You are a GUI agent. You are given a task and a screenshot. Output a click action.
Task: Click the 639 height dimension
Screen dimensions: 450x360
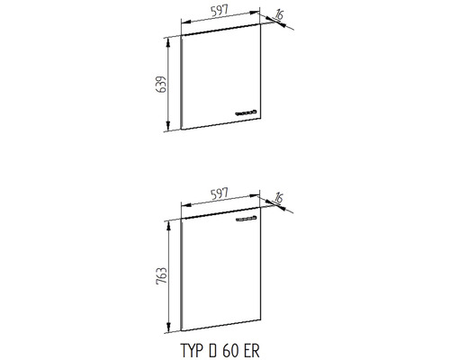click(x=162, y=85)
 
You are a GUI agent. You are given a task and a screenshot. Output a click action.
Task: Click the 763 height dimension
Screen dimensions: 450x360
click(x=162, y=275)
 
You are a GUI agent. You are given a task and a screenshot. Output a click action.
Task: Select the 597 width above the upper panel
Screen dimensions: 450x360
click(x=220, y=11)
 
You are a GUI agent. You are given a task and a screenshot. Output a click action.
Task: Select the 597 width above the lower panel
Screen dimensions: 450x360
click(x=220, y=193)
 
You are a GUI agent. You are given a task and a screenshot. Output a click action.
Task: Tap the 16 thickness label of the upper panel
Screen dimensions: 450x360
click(x=279, y=15)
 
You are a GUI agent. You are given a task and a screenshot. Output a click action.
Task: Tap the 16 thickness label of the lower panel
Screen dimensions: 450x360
click(x=279, y=198)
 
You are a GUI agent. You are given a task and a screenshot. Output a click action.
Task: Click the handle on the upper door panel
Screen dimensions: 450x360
click(x=247, y=112)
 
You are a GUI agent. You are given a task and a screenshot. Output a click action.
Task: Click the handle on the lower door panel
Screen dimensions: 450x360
click(x=247, y=219)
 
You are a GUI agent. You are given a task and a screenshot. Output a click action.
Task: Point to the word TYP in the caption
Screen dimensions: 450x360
click(x=191, y=350)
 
